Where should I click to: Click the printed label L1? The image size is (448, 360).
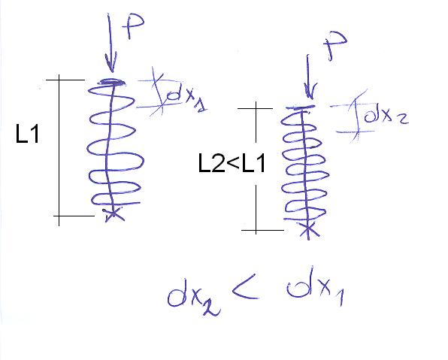27,134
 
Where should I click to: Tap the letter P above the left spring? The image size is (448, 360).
132,26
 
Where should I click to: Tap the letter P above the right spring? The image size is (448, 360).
335,46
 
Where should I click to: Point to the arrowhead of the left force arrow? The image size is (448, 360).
110,65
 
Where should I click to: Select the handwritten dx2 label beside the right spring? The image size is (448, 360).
386,116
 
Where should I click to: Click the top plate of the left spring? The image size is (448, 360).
112,83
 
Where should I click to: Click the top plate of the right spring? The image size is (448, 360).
301,107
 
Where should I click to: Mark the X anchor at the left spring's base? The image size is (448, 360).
114,214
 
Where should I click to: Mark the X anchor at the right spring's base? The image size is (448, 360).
309,229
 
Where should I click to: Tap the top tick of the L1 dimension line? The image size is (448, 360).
65,80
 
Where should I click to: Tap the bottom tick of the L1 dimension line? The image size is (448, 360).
74,216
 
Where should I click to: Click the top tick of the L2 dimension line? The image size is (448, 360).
255,108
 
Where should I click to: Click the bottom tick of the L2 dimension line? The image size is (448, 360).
262,230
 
